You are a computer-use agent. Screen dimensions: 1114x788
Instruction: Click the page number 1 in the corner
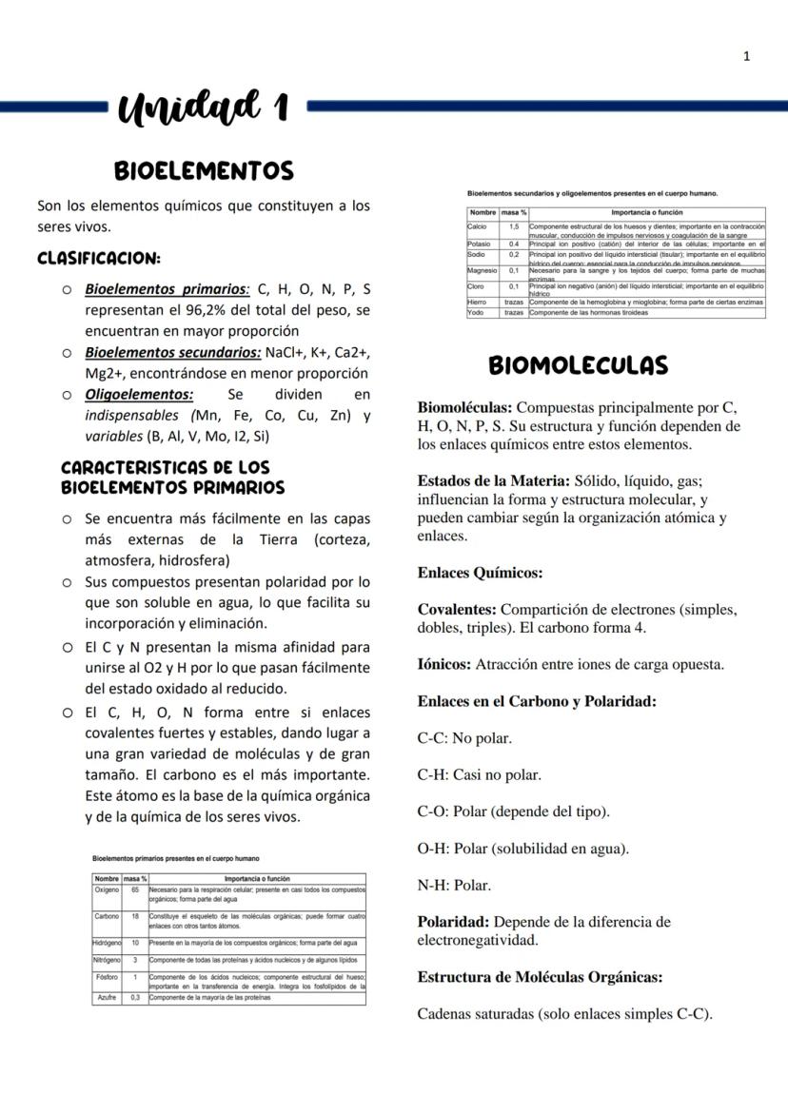747,56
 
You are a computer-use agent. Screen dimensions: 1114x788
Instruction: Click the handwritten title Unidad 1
204,107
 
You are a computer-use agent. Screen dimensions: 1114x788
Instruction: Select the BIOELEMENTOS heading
204,170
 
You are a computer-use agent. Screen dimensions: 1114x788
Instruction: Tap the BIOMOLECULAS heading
578,365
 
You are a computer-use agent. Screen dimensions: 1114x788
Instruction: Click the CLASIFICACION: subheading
98,258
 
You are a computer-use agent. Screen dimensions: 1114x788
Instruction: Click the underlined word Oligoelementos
139,394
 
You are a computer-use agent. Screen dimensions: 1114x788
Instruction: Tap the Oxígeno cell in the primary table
107,889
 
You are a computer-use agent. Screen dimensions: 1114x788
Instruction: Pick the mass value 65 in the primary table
135,889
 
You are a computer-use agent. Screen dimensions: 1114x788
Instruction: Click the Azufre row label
107,998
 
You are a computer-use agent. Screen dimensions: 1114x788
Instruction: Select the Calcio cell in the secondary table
478,226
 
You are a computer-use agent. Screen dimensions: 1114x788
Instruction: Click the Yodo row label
476,312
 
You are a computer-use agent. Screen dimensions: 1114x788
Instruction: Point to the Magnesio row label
483,271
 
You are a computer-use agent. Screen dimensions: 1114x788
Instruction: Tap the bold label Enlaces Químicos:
480,573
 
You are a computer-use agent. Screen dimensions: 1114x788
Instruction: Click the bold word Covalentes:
457,610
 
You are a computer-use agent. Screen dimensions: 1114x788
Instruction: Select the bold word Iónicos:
444,665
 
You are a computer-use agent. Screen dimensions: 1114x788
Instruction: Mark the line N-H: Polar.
454,886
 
